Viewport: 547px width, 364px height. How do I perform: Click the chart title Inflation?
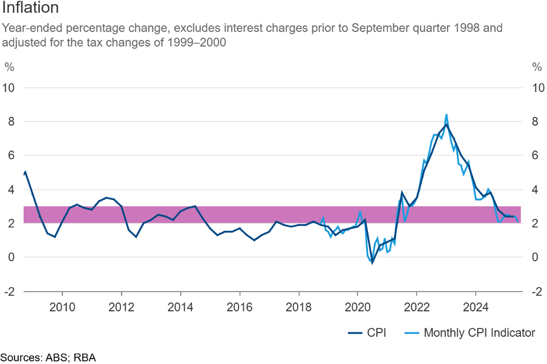click(30, 8)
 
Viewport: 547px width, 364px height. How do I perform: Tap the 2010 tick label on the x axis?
click(62, 307)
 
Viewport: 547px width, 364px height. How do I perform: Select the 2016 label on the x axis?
click(240, 307)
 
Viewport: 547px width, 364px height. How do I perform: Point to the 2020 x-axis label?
click(358, 307)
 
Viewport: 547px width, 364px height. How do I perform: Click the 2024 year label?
click(476, 307)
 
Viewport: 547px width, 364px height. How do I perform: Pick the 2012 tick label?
click(122, 307)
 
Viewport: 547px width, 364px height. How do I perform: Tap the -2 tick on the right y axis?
click(536, 291)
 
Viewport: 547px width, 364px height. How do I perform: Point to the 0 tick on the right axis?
click(536, 257)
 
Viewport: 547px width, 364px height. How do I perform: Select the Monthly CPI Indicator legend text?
click(479, 333)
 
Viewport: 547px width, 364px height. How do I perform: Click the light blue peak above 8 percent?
click(447, 115)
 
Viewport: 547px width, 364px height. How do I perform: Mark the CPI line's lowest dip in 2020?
click(372, 262)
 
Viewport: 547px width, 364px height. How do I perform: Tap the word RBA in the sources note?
click(85, 357)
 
